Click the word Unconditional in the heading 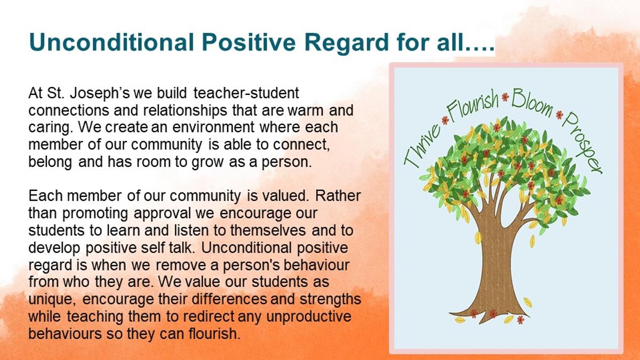click(x=111, y=42)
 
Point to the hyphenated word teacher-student click(x=246, y=93)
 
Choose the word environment click(x=213, y=127)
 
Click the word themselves click(x=268, y=230)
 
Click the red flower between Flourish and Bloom click(x=505, y=97)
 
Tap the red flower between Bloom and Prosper click(x=559, y=115)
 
